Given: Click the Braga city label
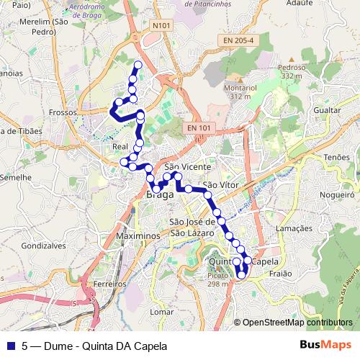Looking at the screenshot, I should [x=160, y=194].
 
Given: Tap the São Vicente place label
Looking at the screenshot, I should [x=187, y=166].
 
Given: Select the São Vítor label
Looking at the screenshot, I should [x=220, y=185].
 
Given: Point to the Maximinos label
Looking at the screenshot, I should [x=136, y=236].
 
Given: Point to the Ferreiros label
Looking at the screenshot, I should [x=110, y=284].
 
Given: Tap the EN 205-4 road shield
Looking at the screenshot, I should [x=238, y=41].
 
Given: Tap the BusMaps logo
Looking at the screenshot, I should [x=325, y=344].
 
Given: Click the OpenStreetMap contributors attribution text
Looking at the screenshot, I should [x=297, y=323].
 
